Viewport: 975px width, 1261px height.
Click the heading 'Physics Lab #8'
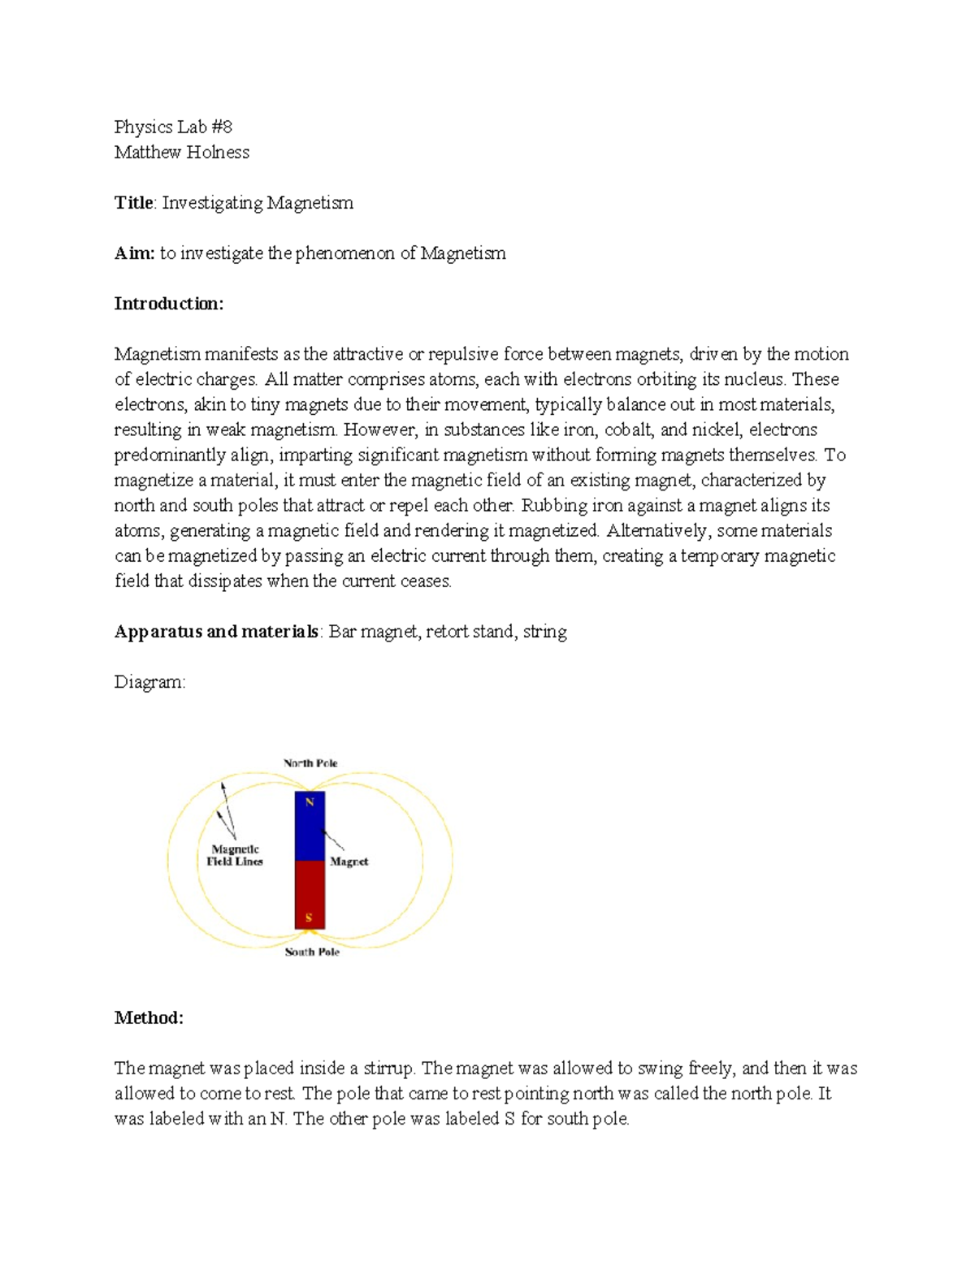pyautogui.click(x=173, y=127)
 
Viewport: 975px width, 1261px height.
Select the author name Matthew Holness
pyautogui.click(x=181, y=152)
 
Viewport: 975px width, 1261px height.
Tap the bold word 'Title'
pyautogui.click(x=133, y=202)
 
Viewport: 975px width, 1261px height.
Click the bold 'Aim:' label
pyautogui.click(x=134, y=253)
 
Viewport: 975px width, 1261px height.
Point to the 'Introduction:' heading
pyautogui.click(x=168, y=304)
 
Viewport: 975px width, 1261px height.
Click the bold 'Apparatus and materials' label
pyautogui.click(x=216, y=632)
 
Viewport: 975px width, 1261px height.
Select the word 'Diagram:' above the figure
pyautogui.click(x=149, y=682)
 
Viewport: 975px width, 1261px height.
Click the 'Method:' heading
pyautogui.click(x=149, y=1017)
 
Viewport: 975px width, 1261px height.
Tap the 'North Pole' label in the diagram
pyautogui.click(x=310, y=763)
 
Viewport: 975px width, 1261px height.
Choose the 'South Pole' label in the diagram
pyautogui.click(x=312, y=952)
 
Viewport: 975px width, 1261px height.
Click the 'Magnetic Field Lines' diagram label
pyautogui.click(x=235, y=855)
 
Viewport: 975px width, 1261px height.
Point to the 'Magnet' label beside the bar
pyautogui.click(x=349, y=862)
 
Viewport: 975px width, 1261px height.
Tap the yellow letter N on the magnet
pyautogui.click(x=310, y=802)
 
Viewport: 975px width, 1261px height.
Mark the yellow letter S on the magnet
pyautogui.click(x=309, y=918)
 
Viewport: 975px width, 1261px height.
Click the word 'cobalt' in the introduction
pyautogui.click(x=628, y=430)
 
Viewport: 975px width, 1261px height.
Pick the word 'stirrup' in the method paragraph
pyautogui.click(x=388, y=1068)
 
